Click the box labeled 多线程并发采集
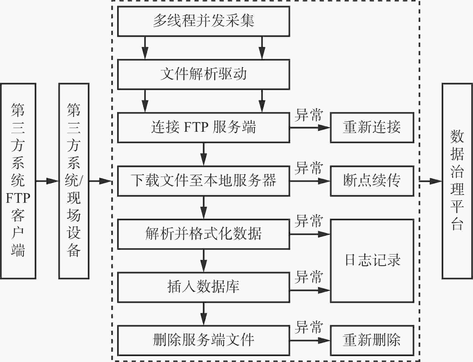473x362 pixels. coord(203,21)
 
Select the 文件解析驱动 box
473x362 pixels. coord(203,74)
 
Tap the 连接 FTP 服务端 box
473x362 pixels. coord(203,127)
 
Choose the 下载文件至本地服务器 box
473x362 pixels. coord(203,181)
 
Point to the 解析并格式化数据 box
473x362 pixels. coord(203,234)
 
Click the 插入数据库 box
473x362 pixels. coord(203,287)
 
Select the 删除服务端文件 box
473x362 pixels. coord(203,340)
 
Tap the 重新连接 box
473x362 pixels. coord(372,127)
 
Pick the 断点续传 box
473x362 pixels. coord(372,181)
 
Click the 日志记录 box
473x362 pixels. coord(372,261)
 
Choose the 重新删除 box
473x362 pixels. coord(372,340)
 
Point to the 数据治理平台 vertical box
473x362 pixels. coord(457,181)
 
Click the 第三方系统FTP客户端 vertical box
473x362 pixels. coord(18,181)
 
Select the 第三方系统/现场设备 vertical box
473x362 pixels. coord(74,181)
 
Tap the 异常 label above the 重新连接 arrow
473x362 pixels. coord(309,115)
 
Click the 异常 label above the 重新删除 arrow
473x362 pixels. coord(309,327)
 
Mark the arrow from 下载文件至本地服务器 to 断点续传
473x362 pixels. coord(310,181)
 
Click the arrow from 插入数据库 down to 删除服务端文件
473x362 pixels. coord(204,314)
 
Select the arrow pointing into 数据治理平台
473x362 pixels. coord(431,181)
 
